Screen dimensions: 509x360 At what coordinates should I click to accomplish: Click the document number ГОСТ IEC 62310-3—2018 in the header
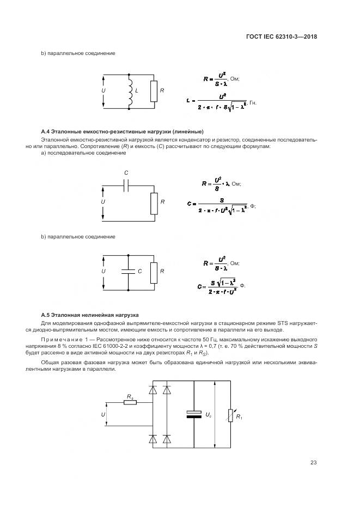(x=282, y=37)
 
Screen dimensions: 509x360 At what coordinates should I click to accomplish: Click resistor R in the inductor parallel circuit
(x=154, y=91)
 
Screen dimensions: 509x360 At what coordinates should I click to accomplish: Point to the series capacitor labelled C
(x=126, y=185)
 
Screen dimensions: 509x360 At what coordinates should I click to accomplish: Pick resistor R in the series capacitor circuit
(x=154, y=203)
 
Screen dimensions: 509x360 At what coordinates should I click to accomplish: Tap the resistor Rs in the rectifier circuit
(x=130, y=403)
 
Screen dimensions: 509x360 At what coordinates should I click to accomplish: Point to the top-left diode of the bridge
(x=152, y=390)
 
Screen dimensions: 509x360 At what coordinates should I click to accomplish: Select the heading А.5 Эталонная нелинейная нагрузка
(x=90, y=315)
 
